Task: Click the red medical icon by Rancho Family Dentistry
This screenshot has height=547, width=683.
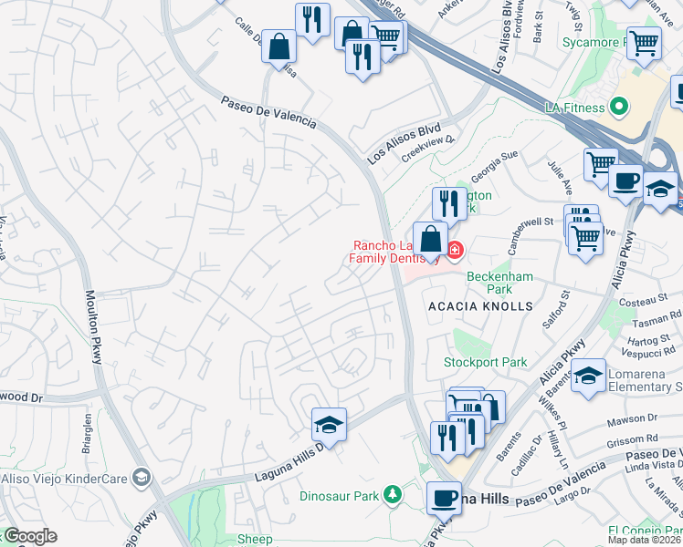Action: pyautogui.click(x=454, y=249)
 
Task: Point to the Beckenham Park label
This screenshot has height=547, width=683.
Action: pyautogui.click(x=499, y=283)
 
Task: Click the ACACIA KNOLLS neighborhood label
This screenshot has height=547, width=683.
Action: pyautogui.click(x=479, y=307)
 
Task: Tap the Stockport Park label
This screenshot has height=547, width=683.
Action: pyautogui.click(x=485, y=362)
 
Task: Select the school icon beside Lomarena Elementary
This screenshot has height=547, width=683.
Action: pyautogui.click(x=589, y=376)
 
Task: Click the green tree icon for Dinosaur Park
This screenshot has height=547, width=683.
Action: pyautogui.click(x=393, y=494)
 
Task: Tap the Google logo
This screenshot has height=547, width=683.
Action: pyautogui.click(x=29, y=536)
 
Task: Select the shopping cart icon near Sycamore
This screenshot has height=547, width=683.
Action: pyautogui.click(x=644, y=42)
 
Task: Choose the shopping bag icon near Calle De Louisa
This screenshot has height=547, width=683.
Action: pyautogui.click(x=278, y=46)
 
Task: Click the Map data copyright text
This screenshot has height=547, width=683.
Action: pyautogui.click(x=645, y=539)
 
